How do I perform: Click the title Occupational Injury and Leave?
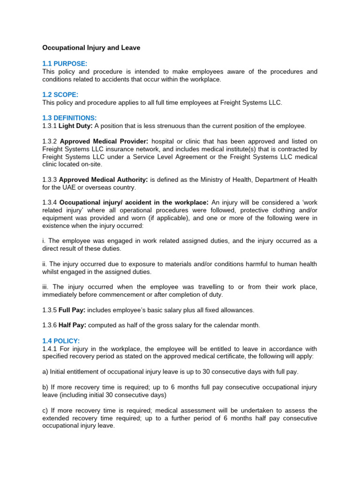tap(91, 48)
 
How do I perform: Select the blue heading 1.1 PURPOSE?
tap(65, 64)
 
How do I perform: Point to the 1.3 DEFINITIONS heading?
tap(69, 118)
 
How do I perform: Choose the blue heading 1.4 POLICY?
tap(61, 341)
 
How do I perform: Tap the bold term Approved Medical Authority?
tap(104, 180)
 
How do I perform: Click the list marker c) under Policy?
tap(45, 410)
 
